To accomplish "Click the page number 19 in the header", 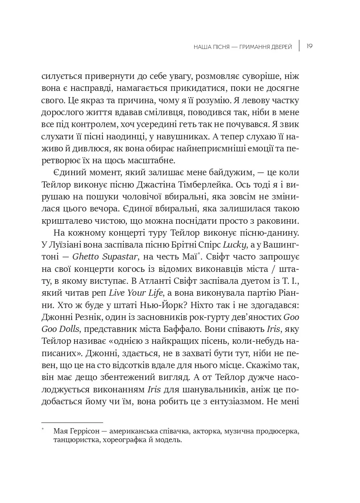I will tap(310, 46).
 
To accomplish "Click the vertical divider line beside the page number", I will tap(299, 46).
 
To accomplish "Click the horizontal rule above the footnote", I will tap(72, 422).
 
